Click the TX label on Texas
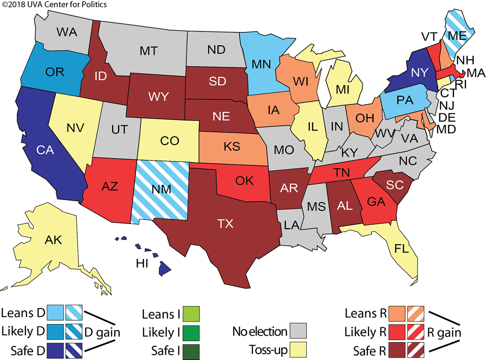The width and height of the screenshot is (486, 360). click(x=226, y=223)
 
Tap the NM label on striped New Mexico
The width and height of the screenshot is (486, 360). click(x=161, y=189)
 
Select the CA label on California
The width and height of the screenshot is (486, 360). click(x=45, y=150)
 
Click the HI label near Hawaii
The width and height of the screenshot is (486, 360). click(x=142, y=263)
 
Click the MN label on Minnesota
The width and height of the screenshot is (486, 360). click(x=261, y=64)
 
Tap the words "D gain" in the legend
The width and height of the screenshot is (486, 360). click(x=103, y=333)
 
